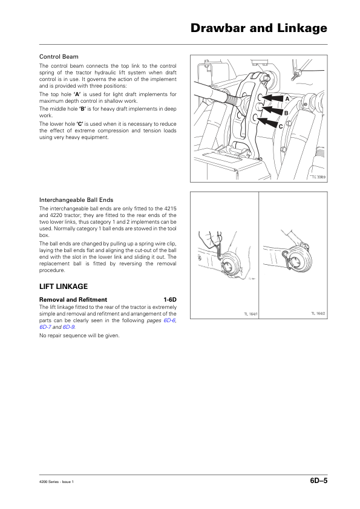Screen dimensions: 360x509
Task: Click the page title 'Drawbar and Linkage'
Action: click(258, 28)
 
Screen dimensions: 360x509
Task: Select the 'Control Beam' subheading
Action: click(59, 57)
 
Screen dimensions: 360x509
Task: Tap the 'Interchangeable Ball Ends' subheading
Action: click(76, 200)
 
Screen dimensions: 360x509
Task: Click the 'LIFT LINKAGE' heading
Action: click(64, 287)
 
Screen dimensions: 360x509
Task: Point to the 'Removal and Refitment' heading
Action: click(73, 300)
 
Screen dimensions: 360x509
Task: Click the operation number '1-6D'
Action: click(170, 300)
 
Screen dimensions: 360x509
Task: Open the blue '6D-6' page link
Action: click(169, 320)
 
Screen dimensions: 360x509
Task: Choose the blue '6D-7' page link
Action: click(45, 327)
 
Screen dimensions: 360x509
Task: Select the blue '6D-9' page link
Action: click(68, 327)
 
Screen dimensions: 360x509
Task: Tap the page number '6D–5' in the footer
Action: click(319, 481)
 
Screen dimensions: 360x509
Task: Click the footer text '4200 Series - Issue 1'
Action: click(56, 482)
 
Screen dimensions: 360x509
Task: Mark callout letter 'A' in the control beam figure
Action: click(287, 99)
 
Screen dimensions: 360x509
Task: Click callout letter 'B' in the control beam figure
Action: click(286, 113)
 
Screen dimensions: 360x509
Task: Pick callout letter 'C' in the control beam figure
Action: click(281, 126)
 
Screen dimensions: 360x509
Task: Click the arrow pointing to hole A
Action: click(272, 98)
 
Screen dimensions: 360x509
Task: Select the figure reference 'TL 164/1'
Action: click(251, 314)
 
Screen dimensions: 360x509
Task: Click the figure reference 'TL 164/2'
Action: click(318, 314)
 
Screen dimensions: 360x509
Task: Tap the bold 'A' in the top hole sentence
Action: click(77, 94)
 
